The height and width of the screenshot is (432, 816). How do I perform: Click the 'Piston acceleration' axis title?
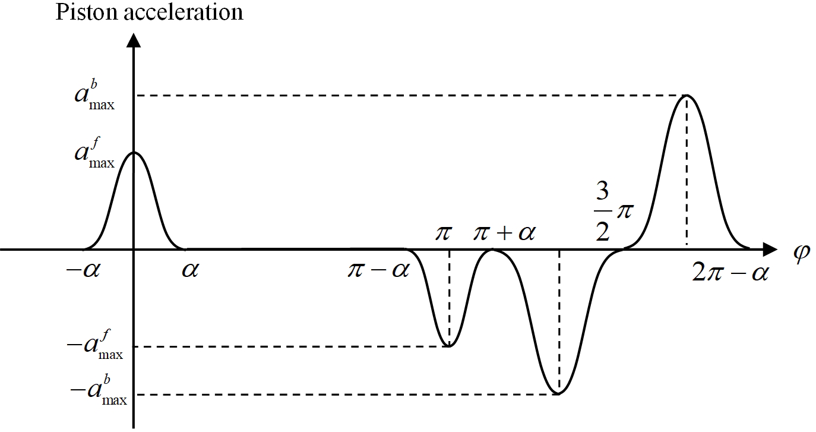(x=149, y=12)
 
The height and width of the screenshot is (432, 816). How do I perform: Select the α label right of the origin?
(x=190, y=271)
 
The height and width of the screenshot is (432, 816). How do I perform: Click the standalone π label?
(x=442, y=233)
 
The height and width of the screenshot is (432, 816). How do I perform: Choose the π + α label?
(x=504, y=233)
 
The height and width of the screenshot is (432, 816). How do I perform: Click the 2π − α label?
(x=730, y=273)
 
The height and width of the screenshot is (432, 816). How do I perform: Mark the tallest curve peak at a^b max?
(x=687, y=95)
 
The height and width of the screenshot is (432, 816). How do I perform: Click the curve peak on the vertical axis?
(x=135, y=152)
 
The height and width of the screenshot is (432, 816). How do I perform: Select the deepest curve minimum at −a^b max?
(x=558, y=394)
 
